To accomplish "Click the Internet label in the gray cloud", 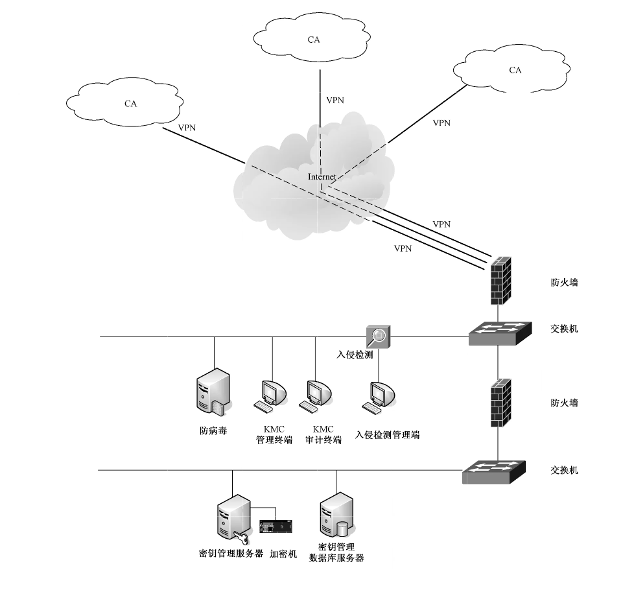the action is [x=322, y=177].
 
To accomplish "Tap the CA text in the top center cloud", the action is [x=314, y=40].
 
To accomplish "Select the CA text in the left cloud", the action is [x=130, y=104].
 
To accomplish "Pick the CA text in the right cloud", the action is [x=515, y=71].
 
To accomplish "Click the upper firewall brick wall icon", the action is [x=500, y=281].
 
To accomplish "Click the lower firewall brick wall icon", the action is [x=500, y=403].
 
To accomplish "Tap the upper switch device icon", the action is [x=500, y=334].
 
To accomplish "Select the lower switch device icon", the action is [x=494, y=472].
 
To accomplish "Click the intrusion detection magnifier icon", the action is [x=379, y=336].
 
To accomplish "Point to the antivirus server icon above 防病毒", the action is [x=213, y=391].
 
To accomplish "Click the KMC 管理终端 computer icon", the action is [x=270, y=396].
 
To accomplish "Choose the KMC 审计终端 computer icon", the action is [x=316, y=396].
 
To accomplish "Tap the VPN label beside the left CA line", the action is [x=187, y=128].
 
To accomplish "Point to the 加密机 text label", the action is [x=283, y=554].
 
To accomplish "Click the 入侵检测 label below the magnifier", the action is [x=355, y=355].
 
